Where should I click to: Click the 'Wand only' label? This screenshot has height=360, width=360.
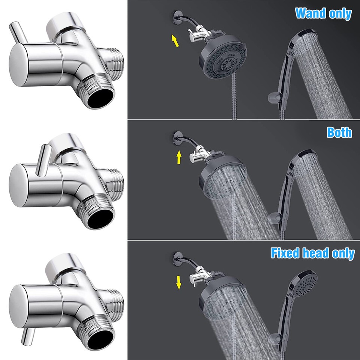click(323, 13)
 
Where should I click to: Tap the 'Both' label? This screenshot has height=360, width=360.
click(339, 132)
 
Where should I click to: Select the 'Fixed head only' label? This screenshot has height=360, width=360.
click(312, 253)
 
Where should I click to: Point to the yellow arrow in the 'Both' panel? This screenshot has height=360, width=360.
click(179, 157)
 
